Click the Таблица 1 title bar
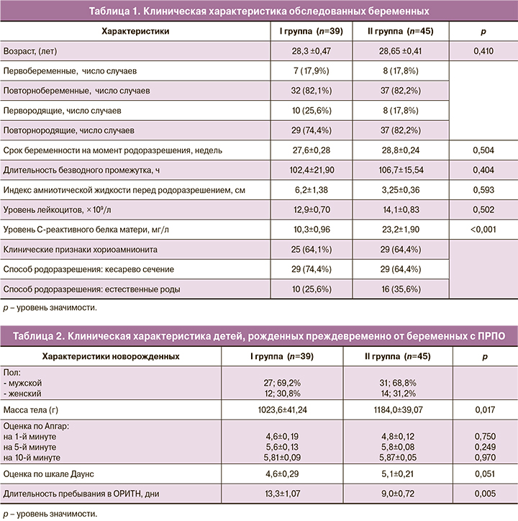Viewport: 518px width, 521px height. (259, 12)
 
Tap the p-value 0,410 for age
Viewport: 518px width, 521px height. (482, 52)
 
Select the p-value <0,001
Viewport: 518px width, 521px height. (482, 229)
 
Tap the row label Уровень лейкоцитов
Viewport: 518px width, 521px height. (53, 209)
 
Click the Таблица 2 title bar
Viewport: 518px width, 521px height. (259, 335)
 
